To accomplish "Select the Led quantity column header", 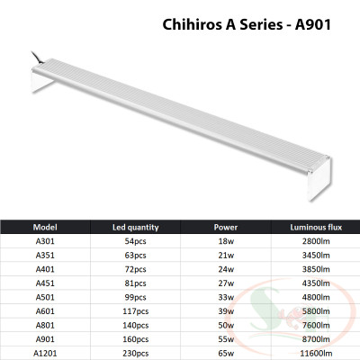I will [x=135, y=227].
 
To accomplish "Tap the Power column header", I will [x=226, y=227].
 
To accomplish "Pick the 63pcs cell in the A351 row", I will [x=135, y=256].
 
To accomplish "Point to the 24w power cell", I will [x=226, y=270].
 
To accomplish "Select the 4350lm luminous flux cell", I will [x=314, y=284].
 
